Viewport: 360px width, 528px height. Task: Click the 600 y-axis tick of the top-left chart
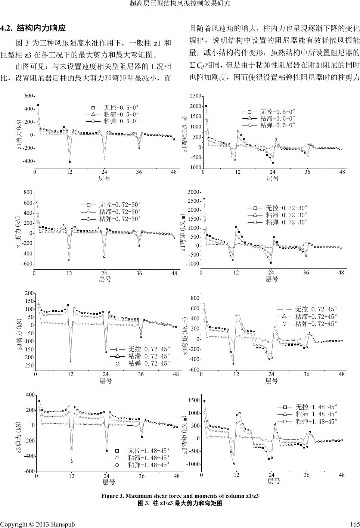(29, 96)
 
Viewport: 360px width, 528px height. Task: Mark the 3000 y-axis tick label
(194, 192)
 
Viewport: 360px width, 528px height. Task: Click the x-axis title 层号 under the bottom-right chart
(274, 482)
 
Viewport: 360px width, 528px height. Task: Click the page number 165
(354, 524)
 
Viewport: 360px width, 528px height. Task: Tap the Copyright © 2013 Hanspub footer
(37, 524)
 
